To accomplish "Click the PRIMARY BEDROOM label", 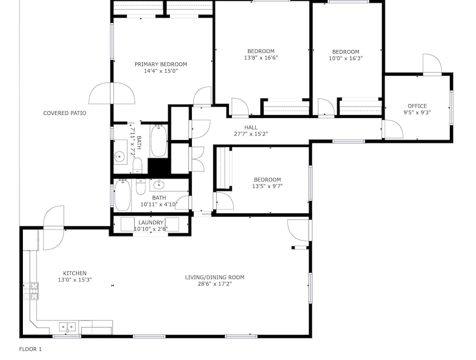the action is [160, 64].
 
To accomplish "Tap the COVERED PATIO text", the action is [65, 113].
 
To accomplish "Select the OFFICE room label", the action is [417, 106].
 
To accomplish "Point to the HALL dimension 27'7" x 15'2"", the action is [251, 134].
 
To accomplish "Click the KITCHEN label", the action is [75, 273].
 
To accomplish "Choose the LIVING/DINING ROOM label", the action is [215, 277].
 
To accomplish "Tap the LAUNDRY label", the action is [151, 223].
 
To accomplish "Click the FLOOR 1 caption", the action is [30, 349].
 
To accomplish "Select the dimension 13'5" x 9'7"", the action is [267, 186].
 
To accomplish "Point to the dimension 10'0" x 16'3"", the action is [346, 58].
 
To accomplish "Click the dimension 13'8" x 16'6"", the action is [261, 58].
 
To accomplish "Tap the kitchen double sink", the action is [67, 327].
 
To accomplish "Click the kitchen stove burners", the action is [31, 291].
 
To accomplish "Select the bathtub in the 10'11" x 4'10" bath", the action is [123, 195].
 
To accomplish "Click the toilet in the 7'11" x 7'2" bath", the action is [138, 166].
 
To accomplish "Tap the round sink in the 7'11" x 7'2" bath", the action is [119, 157].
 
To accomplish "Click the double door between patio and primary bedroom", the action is [112, 93].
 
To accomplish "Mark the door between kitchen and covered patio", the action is [54, 228].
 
